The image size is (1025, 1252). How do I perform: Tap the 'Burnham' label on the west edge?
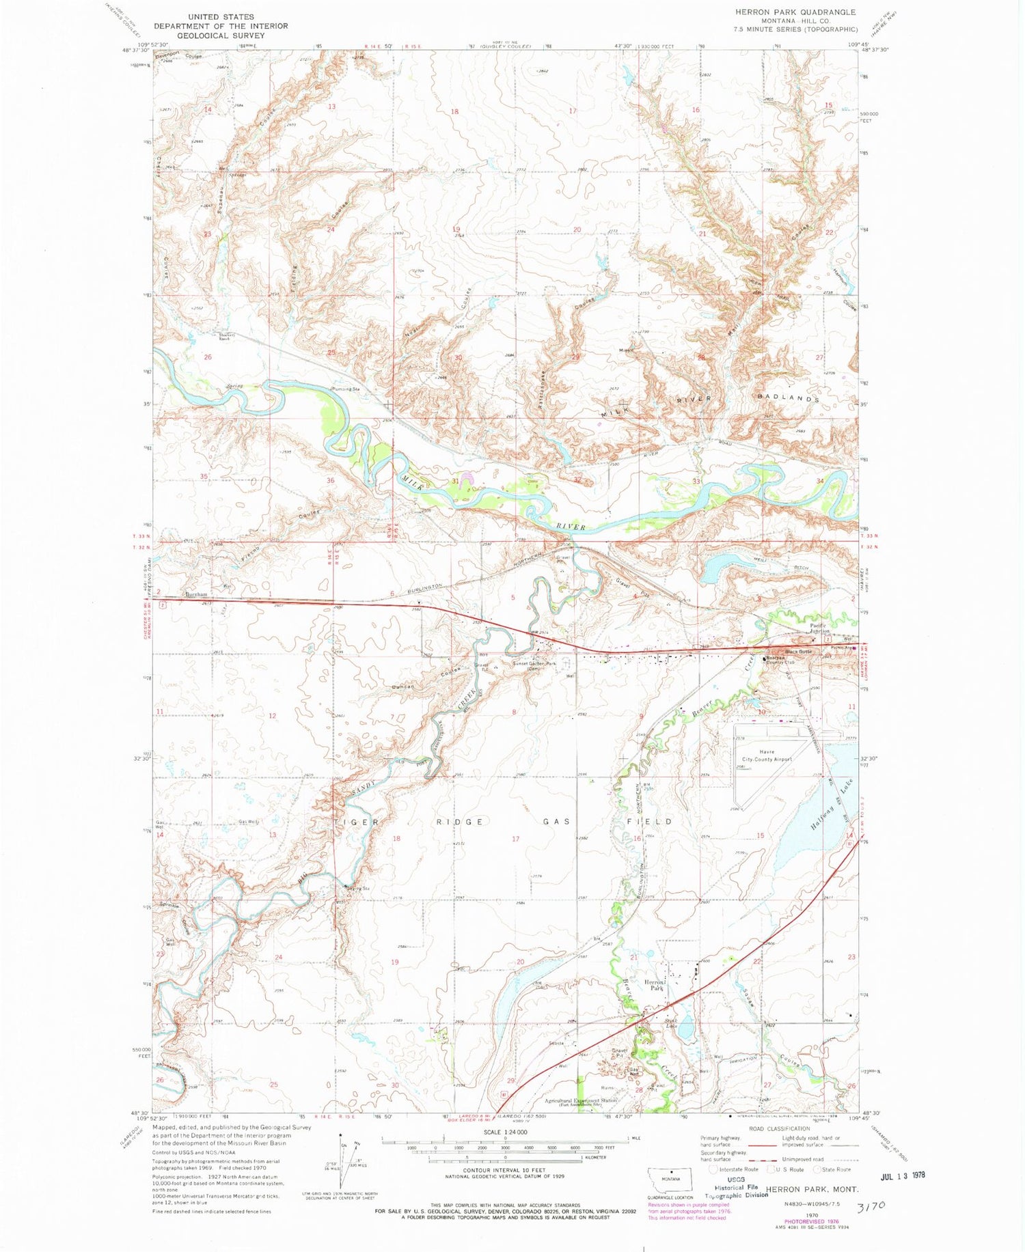[x=196, y=595]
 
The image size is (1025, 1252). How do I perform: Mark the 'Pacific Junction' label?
[x=822, y=628]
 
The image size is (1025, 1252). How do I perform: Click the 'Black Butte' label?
[x=796, y=652]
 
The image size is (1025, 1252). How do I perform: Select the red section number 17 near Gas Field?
[x=515, y=839]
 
